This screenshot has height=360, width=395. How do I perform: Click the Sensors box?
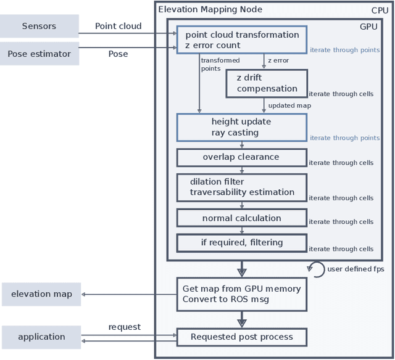39,27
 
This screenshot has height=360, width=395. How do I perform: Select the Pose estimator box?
39,54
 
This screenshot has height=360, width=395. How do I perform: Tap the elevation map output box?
41,294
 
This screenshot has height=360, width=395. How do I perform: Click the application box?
41,337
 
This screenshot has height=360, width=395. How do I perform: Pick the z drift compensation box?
266,83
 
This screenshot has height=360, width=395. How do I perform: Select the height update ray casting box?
241,127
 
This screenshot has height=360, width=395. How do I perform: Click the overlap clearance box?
241,157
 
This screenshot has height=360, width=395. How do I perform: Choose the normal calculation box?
241,218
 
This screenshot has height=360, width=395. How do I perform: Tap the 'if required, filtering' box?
241,242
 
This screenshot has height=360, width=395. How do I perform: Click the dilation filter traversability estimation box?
241,187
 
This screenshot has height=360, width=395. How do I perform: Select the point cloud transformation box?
241,40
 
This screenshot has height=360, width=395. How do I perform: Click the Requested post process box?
241,337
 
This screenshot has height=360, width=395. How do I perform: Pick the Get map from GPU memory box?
241,294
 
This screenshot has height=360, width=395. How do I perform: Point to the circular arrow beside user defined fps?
316,269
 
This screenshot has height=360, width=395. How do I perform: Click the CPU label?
380,10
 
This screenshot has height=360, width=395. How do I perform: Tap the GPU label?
368,27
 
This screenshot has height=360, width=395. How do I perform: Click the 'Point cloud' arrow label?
118,27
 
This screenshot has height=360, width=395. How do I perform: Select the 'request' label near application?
124,327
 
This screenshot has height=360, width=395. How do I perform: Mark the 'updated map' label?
289,105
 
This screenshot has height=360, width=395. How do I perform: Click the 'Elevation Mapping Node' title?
210,9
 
